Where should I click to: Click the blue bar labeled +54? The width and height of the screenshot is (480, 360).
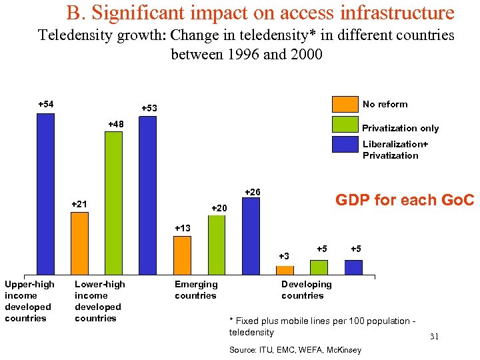(45, 193)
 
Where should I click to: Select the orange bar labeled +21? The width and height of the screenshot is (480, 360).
(79, 243)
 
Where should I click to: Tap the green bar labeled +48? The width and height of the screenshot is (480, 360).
(113, 203)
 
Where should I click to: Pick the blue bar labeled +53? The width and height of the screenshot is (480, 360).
(147, 195)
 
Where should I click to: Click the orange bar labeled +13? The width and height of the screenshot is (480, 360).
(182, 255)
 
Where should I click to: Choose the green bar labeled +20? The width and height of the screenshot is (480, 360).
(217, 245)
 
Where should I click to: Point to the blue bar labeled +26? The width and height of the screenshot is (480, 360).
(251, 236)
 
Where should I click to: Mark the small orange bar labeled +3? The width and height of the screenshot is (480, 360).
(285, 270)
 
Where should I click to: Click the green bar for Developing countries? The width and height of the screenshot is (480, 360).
(319, 267)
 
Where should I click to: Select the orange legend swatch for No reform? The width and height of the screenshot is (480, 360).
(345, 104)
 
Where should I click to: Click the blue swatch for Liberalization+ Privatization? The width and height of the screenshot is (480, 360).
(345, 145)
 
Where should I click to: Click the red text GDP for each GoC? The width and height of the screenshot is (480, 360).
(404, 200)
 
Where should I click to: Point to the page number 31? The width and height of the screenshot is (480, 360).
(434, 337)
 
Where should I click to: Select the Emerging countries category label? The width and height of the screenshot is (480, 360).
(195, 290)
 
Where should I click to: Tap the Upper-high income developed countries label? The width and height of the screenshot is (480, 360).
(29, 301)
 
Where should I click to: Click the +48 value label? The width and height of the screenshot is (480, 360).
(115, 124)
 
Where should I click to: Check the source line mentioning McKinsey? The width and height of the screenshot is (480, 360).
(295, 350)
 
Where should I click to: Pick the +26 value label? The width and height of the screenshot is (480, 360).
(253, 192)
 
